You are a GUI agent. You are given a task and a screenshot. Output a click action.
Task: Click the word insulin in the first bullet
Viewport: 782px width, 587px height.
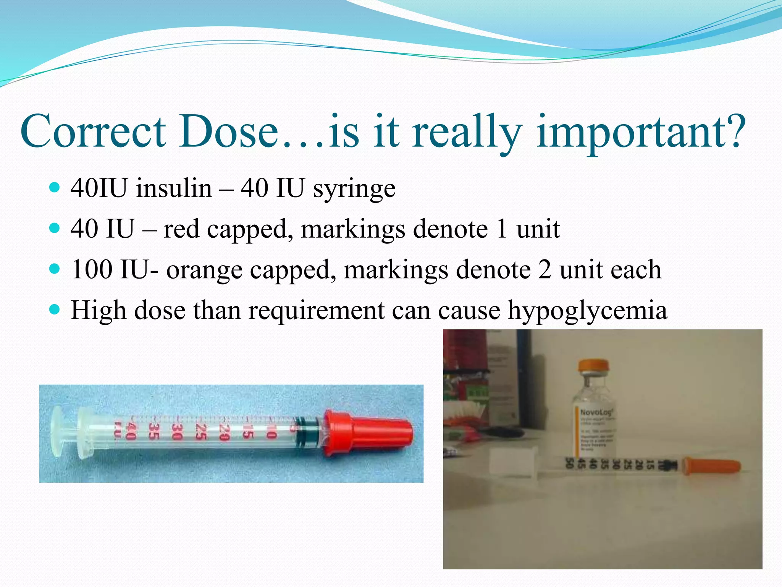point(174,188)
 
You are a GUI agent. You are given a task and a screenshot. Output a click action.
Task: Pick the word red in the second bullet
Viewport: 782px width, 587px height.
point(181,229)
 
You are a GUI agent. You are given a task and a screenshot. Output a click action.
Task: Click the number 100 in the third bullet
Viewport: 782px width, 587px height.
point(92,269)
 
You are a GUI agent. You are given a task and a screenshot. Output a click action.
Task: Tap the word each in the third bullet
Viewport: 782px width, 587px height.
point(636,269)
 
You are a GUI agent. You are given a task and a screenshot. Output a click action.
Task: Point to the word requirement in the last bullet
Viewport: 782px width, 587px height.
point(317,310)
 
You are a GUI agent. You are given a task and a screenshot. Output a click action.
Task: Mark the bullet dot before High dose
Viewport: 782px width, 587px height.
point(55,309)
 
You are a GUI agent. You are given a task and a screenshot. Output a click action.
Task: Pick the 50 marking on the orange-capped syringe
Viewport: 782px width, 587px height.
point(569,464)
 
